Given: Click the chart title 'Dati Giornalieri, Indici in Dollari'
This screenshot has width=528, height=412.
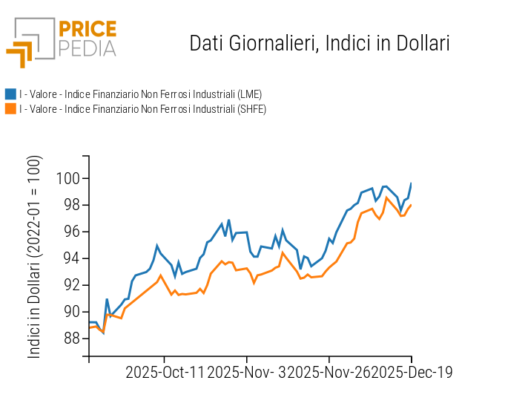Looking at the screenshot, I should click(x=320, y=43).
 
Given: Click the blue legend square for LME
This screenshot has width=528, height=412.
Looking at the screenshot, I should click(x=10, y=94).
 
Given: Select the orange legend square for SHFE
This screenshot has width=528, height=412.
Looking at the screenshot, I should click(x=10, y=109).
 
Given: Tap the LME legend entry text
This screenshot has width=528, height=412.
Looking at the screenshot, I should click(x=140, y=94).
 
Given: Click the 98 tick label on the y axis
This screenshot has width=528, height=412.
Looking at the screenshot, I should click(x=72, y=205).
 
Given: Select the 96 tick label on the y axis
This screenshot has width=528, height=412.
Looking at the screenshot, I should click(x=72, y=232).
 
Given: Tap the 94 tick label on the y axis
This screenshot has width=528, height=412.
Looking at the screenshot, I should click(x=72, y=258).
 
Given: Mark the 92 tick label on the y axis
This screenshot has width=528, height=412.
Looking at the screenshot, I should click(x=72, y=285).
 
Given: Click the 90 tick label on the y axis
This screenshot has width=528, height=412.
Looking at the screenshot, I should click(x=72, y=312).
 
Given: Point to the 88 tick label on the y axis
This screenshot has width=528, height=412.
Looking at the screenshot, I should click(x=72, y=339).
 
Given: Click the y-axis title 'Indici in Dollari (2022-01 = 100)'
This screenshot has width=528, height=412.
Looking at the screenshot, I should click(x=35, y=258).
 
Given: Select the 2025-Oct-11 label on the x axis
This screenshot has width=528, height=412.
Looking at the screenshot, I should click(x=164, y=372).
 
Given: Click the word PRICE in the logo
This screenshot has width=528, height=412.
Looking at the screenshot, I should click(x=87, y=30).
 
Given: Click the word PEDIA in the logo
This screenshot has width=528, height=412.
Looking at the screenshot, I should click(x=87, y=49).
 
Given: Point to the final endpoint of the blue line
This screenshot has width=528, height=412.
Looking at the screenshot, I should click(x=412, y=183).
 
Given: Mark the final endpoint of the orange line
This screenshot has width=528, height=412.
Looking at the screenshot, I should click(x=411, y=205).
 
